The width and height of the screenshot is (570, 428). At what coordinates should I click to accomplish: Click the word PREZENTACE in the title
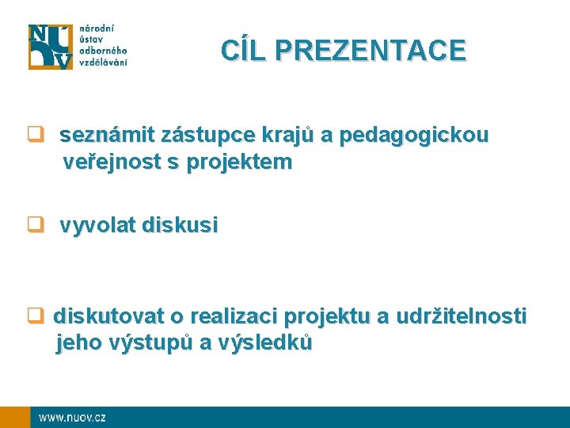click(x=370, y=51)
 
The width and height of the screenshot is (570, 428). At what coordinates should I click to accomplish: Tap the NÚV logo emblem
click(x=51, y=47)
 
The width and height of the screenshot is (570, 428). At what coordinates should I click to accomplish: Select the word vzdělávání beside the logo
click(x=103, y=63)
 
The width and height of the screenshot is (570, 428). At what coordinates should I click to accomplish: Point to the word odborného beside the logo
click(x=103, y=52)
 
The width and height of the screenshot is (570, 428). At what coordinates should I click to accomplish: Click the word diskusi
click(x=180, y=226)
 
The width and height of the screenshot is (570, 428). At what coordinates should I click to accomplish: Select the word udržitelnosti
click(x=460, y=317)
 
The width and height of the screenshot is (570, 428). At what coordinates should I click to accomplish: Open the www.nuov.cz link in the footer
click(x=72, y=417)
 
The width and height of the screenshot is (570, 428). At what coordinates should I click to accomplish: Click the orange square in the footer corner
click(x=14, y=417)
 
